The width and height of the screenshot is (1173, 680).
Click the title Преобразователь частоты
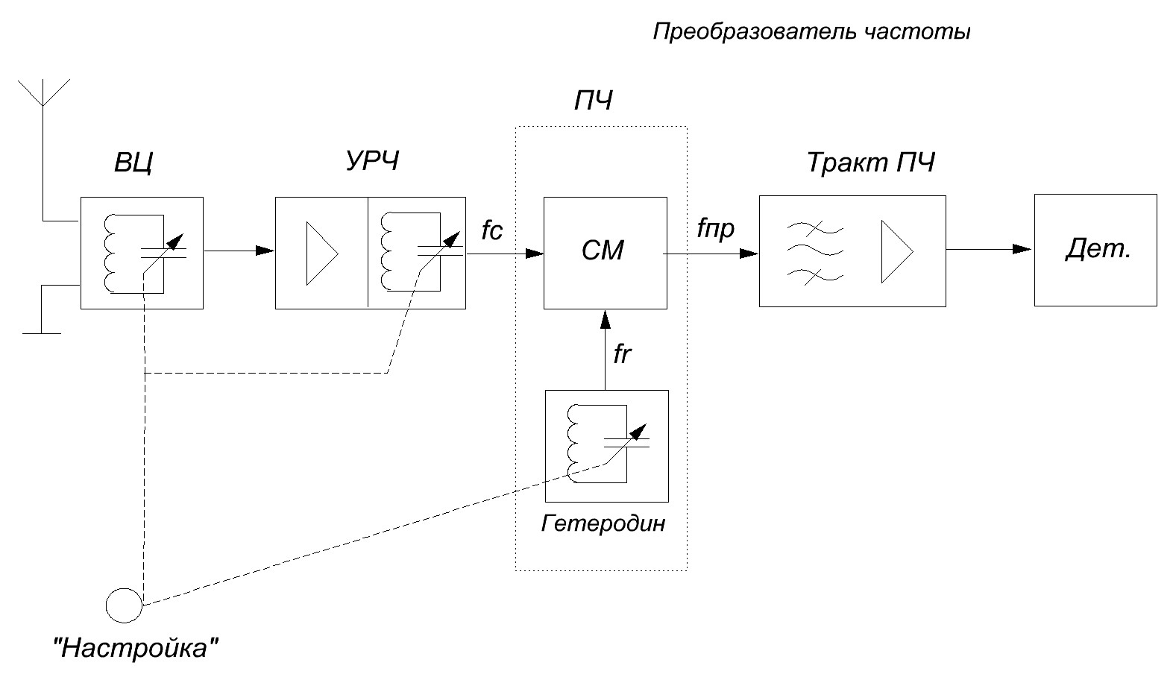click(x=811, y=33)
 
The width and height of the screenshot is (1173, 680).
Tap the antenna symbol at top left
click(x=44, y=92)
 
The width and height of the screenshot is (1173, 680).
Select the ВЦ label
click(x=134, y=163)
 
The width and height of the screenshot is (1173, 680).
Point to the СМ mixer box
click(x=605, y=252)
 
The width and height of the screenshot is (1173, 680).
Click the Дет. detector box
click(x=1095, y=250)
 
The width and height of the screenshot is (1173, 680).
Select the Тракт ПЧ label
click(x=870, y=163)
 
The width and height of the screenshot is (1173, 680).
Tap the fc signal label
click(x=492, y=230)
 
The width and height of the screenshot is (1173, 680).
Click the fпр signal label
click(x=715, y=229)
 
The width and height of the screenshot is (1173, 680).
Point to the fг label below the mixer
click(x=622, y=354)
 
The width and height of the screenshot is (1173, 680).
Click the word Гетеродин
click(x=603, y=523)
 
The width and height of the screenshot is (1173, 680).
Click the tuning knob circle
click(x=124, y=605)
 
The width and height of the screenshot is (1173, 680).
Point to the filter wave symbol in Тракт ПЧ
click(x=814, y=252)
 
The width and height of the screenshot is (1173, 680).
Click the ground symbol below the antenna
click(x=42, y=333)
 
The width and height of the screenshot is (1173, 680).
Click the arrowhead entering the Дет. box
click(x=1024, y=250)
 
